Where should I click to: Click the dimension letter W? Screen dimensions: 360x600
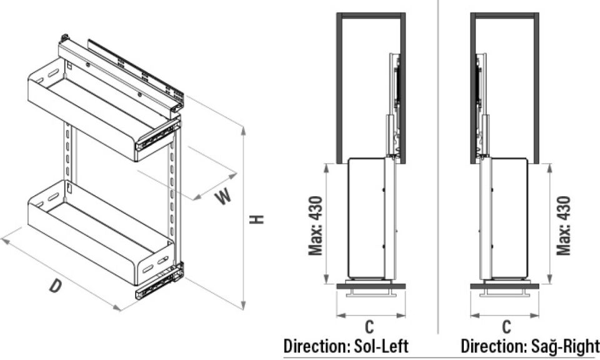[x=223, y=196]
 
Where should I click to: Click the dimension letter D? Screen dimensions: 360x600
[x=56, y=286]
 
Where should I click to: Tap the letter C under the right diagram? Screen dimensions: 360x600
[x=507, y=326]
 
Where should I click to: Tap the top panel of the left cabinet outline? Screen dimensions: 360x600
[x=371, y=15]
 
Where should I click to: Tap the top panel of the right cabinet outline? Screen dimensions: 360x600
[x=505, y=15]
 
